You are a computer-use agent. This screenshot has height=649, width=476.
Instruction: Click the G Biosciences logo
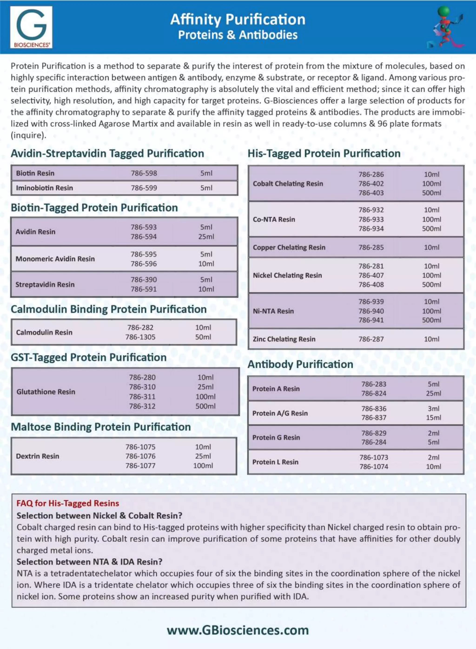[31, 27]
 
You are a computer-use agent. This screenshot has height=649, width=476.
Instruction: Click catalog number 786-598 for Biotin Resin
[144, 173]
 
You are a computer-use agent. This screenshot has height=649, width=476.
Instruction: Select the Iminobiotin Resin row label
[44, 188]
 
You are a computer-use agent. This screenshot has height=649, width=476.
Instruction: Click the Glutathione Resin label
[46, 392]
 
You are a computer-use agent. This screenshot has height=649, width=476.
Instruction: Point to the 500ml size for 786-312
[205, 406]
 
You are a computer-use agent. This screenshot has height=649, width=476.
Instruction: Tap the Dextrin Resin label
[37, 456]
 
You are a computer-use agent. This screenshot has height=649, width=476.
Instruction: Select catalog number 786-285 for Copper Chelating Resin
[371, 247]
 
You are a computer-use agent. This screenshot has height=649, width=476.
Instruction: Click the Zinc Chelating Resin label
[284, 339]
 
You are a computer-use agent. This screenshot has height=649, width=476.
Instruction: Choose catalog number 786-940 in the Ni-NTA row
[371, 311]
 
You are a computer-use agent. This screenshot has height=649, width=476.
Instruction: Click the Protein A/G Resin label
[280, 413]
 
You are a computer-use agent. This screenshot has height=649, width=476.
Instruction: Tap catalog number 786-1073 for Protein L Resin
[374, 457]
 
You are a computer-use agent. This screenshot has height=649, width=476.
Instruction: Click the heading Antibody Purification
[300, 364]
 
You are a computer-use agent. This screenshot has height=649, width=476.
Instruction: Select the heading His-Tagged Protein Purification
[324, 153]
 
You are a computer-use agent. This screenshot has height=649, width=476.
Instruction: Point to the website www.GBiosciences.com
[238, 630]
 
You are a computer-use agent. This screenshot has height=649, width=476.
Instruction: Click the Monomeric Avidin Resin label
[55, 259]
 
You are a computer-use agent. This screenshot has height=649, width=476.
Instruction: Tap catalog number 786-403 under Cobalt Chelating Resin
[371, 193]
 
